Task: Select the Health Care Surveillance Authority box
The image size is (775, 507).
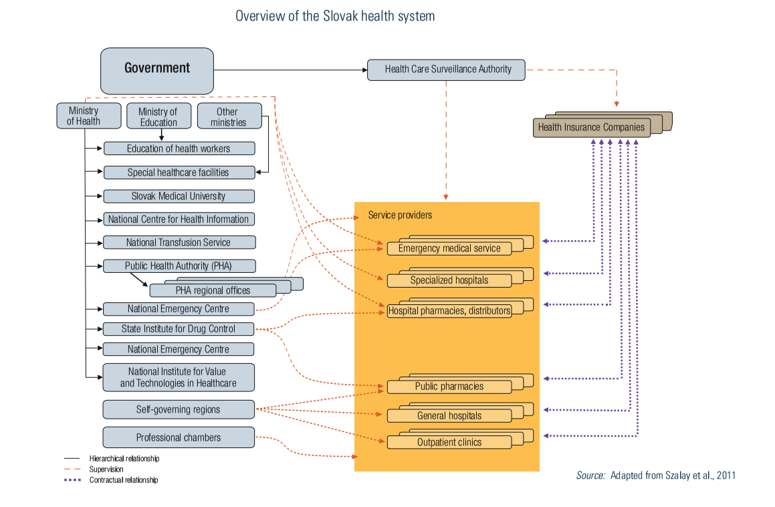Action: pyautogui.click(x=446, y=70)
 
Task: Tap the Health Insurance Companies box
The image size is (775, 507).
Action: pyautogui.click(x=591, y=127)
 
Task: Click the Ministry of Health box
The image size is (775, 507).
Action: pyautogui.click(x=84, y=116)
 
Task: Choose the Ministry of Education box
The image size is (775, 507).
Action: pyautogui.click(x=158, y=116)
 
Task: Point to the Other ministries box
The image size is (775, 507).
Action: pyautogui.click(x=228, y=116)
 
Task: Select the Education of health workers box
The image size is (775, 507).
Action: pyautogui.click(x=179, y=148)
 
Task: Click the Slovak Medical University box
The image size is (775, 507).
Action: pyautogui.click(x=179, y=196)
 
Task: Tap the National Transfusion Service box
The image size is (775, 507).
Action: pyautogui.click(x=179, y=242)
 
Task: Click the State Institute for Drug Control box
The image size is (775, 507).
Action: pyautogui.click(x=179, y=329)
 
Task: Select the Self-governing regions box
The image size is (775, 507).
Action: pyautogui.click(x=179, y=409)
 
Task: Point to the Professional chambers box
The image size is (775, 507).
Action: pyautogui.click(x=179, y=437)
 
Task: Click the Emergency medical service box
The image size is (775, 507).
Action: pyautogui.click(x=449, y=248)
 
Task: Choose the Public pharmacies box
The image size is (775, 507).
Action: pyautogui.click(x=449, y=387)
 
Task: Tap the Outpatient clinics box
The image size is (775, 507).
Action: pyautogui.click(x=449, y=442)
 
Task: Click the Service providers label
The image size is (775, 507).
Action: pyautogui.click(x=400, y=215)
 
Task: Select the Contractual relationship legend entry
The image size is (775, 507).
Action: pyautogui.click(x=124, y=480)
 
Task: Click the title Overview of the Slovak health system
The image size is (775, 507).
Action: pyautogui.click(x=335, y=16)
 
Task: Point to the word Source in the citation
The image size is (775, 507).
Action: pyautogui.click(x=590, y=476)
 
